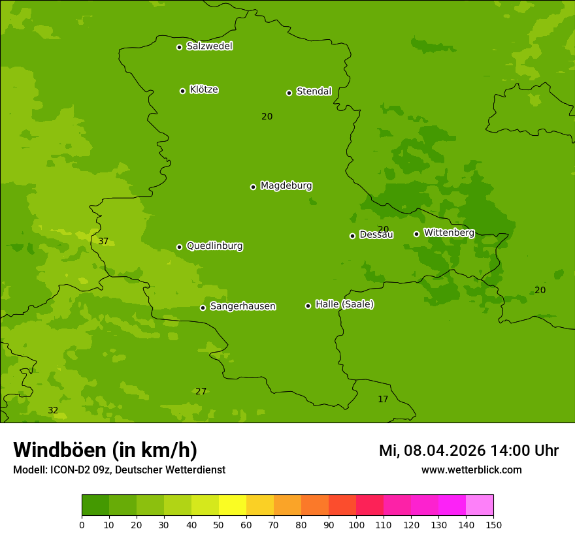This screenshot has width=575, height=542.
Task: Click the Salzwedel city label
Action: coord(209,46)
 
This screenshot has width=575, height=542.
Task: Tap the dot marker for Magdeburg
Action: coord(253,187)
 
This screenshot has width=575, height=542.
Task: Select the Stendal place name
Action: coord(314,91)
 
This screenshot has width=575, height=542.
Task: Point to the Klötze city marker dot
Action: coord(182,91)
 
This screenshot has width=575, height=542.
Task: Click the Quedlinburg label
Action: coord(214,246)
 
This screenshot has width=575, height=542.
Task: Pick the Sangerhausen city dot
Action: coord(203,308)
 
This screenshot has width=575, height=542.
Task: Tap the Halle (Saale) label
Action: coord(344,304)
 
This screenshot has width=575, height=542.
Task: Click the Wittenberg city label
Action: coord(449,232)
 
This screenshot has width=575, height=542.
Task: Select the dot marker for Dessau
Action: coord(352,236)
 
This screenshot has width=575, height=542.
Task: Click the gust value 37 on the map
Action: coord(103,241)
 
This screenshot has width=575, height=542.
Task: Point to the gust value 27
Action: coord(201,391)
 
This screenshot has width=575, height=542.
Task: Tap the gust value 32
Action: coord(53,410)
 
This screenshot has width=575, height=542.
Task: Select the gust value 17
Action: coord(383,399)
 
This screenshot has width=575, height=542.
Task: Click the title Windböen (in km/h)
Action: coord(105,450)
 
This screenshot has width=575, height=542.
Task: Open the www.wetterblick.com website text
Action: coord(471,470)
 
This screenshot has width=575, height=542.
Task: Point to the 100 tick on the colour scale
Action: coord(356,524)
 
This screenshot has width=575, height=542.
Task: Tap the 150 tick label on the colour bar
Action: coord(493,524)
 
